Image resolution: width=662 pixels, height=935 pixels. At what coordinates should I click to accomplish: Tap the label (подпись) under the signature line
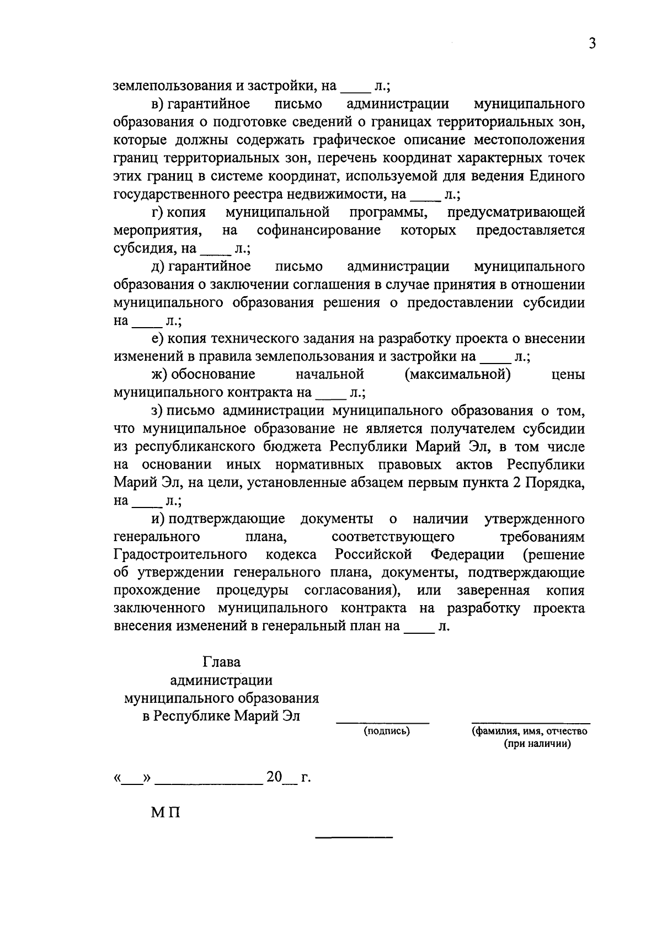point(386,731)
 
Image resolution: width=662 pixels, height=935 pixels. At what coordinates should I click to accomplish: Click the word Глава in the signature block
point(222,661)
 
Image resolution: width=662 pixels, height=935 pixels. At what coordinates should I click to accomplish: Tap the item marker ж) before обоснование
point(160,375)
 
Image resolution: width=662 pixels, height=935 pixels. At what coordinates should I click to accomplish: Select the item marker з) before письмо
point(159,410)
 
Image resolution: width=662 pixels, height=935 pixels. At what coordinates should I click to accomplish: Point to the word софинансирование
point(318,230)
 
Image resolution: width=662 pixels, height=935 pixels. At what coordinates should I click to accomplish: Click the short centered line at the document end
point(354,838)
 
